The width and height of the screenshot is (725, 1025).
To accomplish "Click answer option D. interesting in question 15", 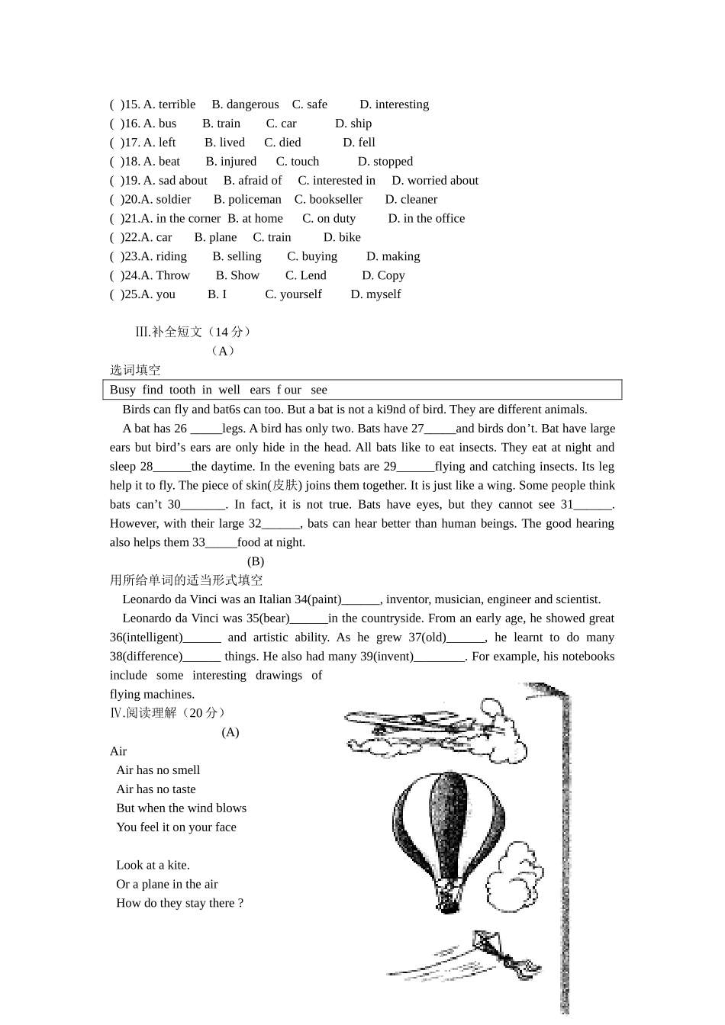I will coord(394,104).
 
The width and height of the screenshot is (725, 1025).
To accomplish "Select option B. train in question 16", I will coord(221,124).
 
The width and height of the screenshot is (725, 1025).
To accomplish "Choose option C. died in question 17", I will coord(282,143).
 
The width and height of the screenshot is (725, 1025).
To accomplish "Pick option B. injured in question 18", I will coord(231,162).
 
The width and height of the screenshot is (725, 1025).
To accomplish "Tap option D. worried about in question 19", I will coord(435,181).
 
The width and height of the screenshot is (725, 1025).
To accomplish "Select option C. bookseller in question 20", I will coord(328,200).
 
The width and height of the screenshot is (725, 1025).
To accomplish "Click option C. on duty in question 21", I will coord(329,219).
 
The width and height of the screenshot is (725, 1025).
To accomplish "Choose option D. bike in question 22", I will coord(342,238).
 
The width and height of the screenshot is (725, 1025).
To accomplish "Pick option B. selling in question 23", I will coord(237,257).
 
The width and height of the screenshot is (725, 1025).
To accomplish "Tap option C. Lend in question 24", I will coord(305,276).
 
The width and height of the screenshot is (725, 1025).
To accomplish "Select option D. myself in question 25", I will coord(375,294).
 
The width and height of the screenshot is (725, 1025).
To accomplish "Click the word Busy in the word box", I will coord(123,390).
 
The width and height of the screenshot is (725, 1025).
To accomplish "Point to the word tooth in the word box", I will coord(182,390).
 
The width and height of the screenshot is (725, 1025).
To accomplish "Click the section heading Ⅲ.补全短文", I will coord(193,332).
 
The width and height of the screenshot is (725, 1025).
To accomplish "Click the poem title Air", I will coord(118,751).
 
